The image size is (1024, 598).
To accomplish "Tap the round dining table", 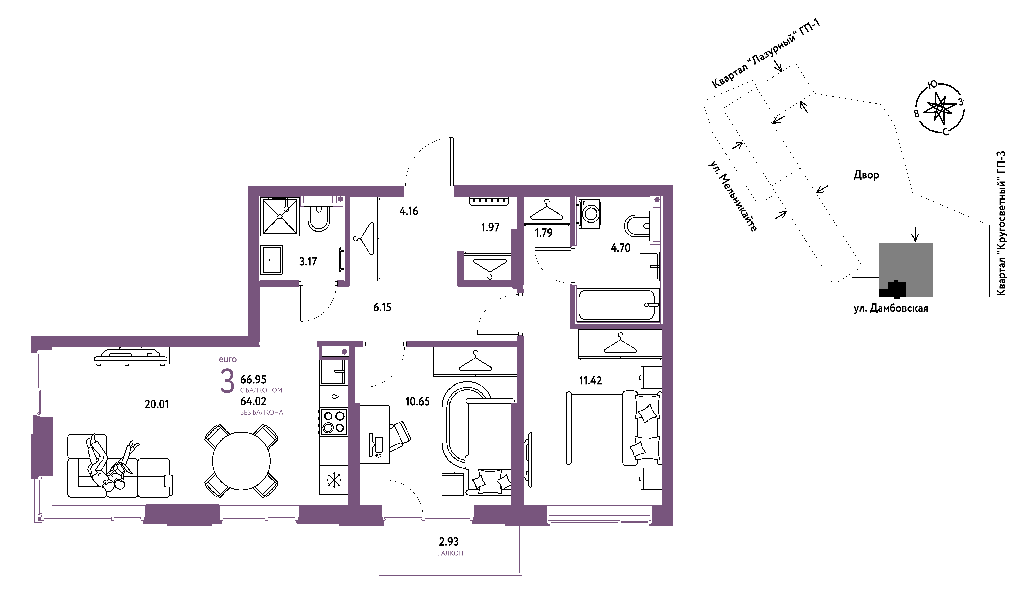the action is point(241,461).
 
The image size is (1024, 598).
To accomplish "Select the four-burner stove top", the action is point(334,422).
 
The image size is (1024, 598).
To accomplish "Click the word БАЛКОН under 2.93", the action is point(450,553).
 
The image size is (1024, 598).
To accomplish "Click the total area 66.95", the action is point(253,379).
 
